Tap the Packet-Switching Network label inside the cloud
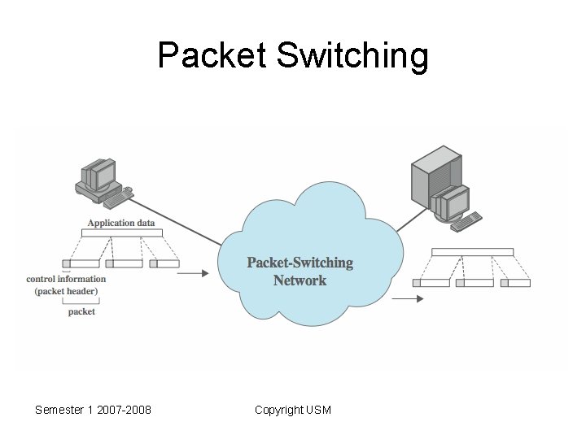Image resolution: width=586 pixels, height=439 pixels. (300, 272)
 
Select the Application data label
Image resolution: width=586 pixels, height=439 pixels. (121, 223)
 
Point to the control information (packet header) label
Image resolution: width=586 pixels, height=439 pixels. (66, 285)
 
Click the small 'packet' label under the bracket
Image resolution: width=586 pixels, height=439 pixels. (81, 311)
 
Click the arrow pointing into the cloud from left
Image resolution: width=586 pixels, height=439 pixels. (192, 274)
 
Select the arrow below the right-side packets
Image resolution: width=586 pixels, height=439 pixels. (408, 298)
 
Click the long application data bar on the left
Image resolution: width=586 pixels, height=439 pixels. (122, 233)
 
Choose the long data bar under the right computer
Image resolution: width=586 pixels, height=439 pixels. (472, 252)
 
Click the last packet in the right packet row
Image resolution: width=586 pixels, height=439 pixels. (515, 283)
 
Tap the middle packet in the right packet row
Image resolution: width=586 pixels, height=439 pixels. (474, 283)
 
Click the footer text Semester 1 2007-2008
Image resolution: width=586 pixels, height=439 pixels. (93, 410)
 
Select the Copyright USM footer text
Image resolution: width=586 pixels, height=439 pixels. (292, 410)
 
